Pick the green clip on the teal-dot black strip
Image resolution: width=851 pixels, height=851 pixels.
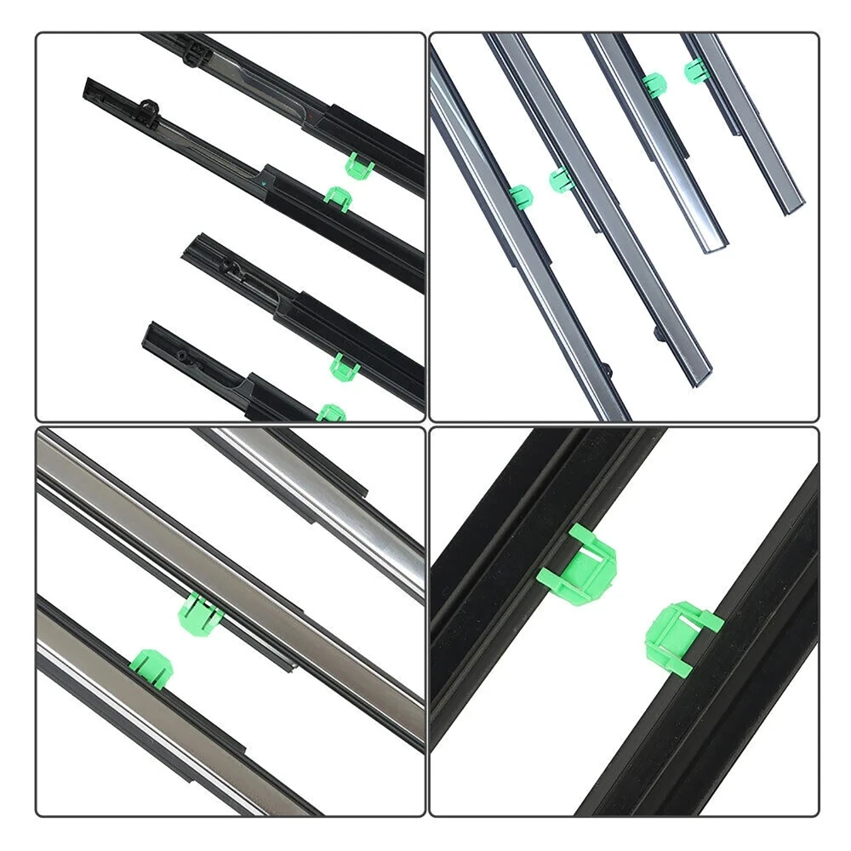(x=339, y=198)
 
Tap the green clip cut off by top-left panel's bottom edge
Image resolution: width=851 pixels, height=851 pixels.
(x=332, y=413)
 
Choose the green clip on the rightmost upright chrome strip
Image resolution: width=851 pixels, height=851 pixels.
(x=694, y=71)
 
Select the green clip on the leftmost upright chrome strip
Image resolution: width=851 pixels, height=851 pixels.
(x=520, y=196)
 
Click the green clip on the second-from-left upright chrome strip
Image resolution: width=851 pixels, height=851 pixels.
(x=560, y=179)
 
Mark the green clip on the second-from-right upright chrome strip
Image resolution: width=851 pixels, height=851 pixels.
(x=654, y=83)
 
